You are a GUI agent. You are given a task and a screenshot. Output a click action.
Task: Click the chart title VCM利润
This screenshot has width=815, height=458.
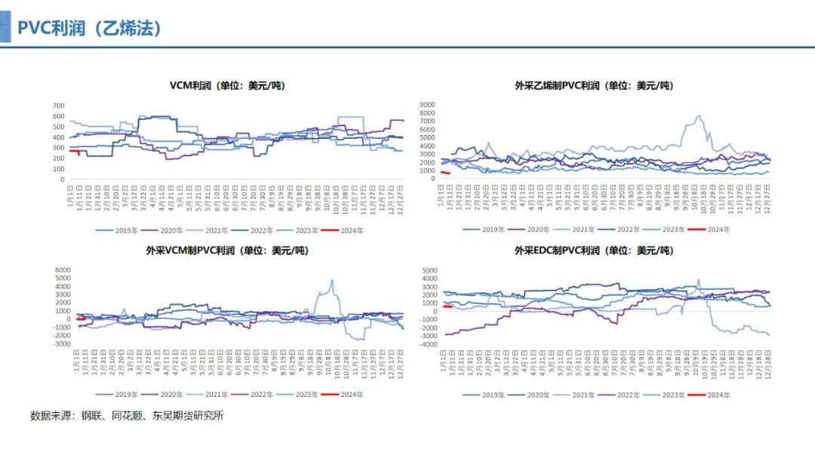coord(227,85)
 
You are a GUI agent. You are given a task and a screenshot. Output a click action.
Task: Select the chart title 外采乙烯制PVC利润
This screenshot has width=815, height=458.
coord(594,85)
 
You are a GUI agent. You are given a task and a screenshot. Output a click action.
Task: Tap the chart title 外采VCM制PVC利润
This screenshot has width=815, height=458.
coord(227,251)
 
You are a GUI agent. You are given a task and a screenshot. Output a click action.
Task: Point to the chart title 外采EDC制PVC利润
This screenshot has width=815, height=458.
coord(594,251)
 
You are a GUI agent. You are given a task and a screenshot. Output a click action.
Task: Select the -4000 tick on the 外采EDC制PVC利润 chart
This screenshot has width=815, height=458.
coord(427,345)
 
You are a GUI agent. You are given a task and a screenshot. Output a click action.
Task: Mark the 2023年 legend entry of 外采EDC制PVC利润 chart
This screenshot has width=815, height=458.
coord(668,394)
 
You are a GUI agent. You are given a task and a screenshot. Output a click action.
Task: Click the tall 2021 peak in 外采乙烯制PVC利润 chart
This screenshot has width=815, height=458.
coord(699,116)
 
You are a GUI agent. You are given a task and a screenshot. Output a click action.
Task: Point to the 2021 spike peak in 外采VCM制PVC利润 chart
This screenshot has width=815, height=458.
coord(331,281)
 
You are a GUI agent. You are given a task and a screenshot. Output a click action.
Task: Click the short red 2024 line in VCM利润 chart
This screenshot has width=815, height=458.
coord(74,151)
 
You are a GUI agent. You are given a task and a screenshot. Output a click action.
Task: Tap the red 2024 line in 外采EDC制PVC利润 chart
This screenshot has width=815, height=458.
coord(447,306)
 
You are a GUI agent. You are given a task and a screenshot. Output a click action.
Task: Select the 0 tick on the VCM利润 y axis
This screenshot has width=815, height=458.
coord(62,180)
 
